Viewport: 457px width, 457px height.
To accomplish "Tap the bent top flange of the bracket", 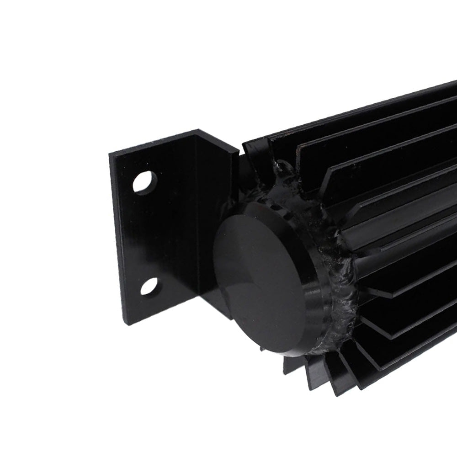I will [215, 139].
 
